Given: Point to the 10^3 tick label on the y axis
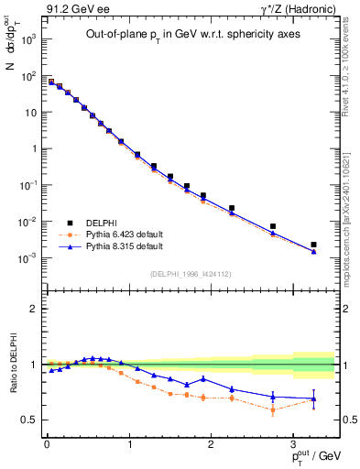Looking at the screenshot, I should point(27,40).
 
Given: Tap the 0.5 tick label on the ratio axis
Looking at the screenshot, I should point(28,420).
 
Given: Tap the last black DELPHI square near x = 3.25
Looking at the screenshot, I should point(313,245).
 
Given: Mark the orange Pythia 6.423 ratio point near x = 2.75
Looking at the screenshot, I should point(273,409).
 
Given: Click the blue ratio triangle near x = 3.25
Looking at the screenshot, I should point(313,398).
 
